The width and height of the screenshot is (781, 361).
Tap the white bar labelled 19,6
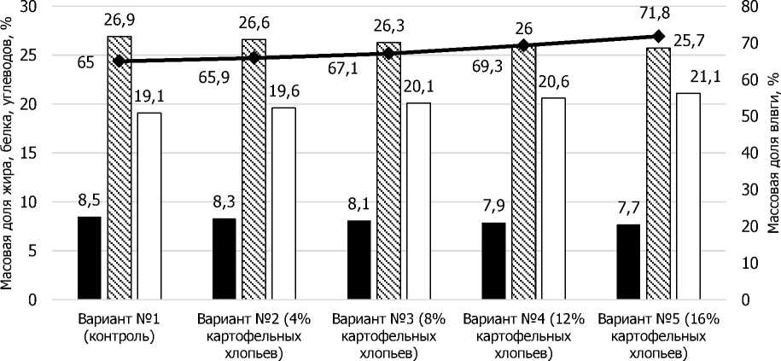click(x=283, y=204)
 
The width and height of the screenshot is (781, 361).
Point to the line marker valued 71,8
click(x=658, y=36)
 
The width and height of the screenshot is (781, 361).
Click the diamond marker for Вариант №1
click(x=119, y=61)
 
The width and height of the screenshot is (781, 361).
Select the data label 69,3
click(x=489, y=61)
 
